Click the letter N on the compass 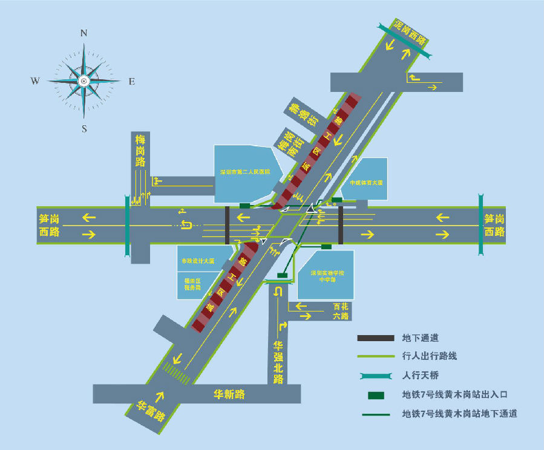click(84, 34)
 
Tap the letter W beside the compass click(36, 81)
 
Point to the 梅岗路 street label click(140, 151)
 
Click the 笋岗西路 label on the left click(50, 226)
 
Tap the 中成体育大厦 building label click(367, 182)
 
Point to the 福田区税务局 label click(192, 284)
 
